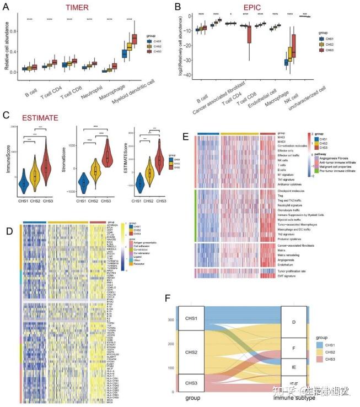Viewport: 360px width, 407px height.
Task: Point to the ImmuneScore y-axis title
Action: click(7, 162)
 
